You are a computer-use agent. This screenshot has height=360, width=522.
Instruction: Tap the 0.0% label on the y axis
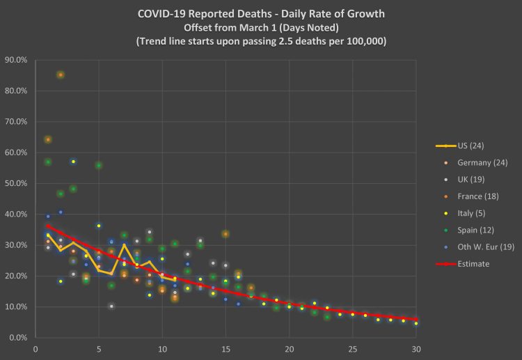pos(18,338)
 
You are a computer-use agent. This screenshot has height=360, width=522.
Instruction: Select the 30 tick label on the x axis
pos(416,350)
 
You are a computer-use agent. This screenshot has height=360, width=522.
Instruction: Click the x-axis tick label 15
pos(226,350)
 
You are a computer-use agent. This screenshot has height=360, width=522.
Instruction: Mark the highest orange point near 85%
pos(61,75)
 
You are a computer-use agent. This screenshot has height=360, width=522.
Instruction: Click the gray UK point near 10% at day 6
pos(111,306)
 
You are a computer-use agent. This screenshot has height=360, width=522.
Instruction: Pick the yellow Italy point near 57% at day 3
pos(73,162)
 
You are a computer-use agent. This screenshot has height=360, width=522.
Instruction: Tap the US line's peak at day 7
pos(124,244)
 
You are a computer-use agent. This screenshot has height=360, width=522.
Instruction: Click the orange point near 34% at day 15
pos(226,234)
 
